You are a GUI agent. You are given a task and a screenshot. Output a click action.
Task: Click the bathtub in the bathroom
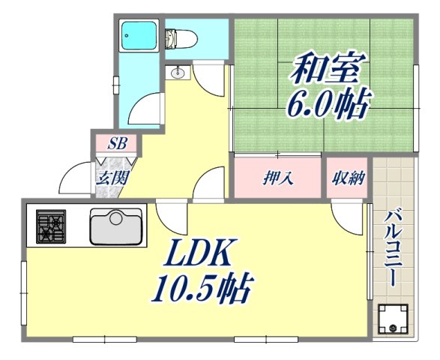[141, 34]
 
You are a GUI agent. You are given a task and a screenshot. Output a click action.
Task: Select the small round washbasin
[178, 73]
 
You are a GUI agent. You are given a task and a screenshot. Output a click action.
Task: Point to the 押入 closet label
[278, 178]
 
